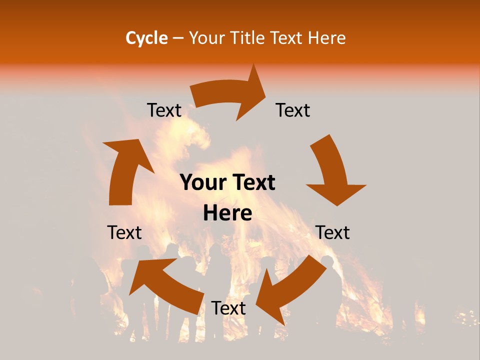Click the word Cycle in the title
tap(146, 38)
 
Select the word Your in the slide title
tap(206, 38)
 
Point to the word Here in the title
tap(327, 38)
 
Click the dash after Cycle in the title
tap(178, 38)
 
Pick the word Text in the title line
tap(287, 38)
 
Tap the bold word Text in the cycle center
tap(252, 183)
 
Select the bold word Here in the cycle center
tap(227, 213)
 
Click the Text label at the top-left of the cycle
tap(164, 110)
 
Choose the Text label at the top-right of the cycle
tap(293, 110)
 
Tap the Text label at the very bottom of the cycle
tap(228, 308)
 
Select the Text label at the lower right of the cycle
tap(332, 232)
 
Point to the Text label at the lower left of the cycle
tap(124, 232)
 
